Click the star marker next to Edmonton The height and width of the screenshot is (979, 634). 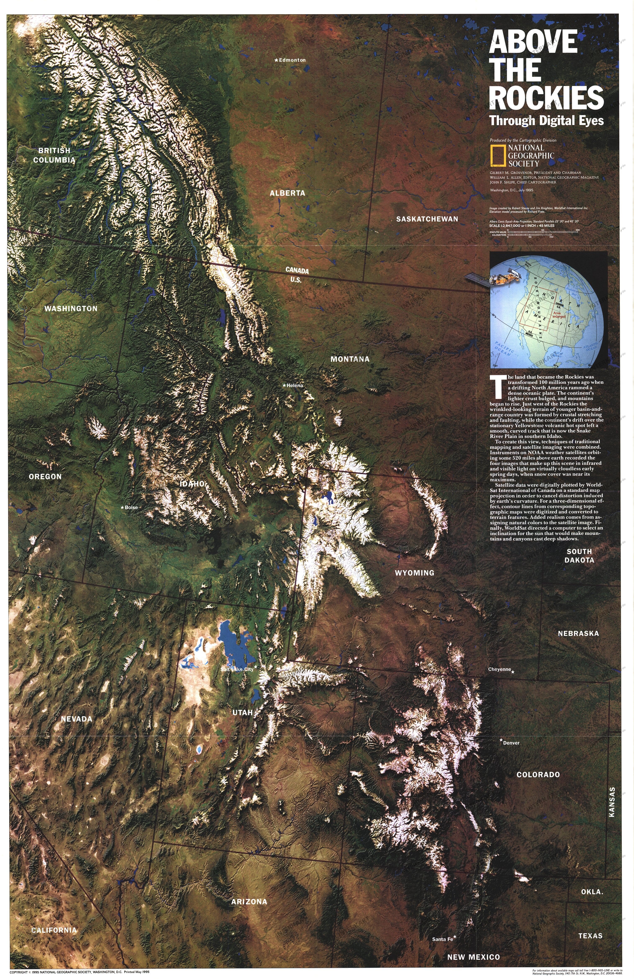coord(276,60)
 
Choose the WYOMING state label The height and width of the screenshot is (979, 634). coord(414,573)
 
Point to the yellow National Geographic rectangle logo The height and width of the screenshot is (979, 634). coord(497,155)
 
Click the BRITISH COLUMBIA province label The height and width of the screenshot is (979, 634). coord(54,155)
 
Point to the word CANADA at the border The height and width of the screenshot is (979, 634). coord(297,271)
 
